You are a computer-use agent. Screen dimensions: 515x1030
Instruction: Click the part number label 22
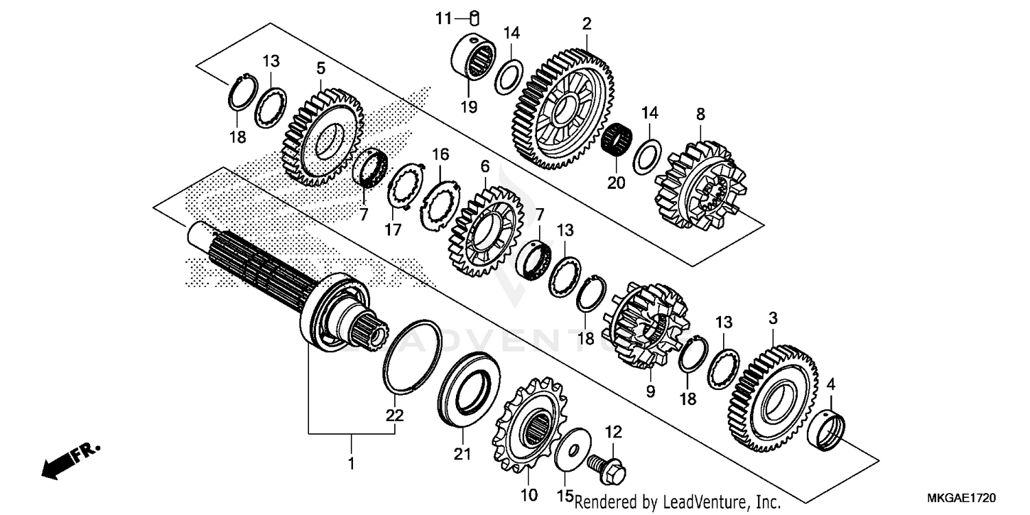394,415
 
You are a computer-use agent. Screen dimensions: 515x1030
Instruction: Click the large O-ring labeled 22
412,356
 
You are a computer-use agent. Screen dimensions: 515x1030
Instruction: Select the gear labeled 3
772,398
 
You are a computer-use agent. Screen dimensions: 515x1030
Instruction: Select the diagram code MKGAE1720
962,496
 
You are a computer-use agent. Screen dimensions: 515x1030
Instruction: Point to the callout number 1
351,463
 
